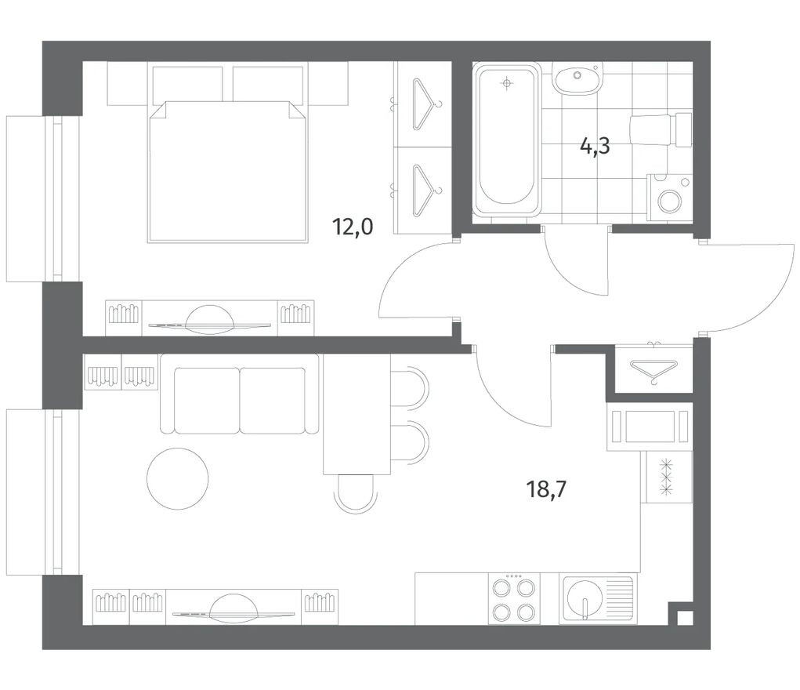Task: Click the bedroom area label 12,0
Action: click(x=353, y=227)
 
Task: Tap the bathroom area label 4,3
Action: click(x=595, y=147)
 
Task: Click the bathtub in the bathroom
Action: click(x=507, y=140)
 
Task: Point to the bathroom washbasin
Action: click(x=578, y=78)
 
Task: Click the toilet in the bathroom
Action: click(x=661, y=130)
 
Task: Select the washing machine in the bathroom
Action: click(x=669, y=198)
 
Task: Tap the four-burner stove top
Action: click(x=514, y=598)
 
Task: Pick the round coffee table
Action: click(x=178, y=478)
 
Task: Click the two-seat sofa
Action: click(x=240, y=394)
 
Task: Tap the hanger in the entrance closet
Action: click(x=653, y=369)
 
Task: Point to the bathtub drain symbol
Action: click(x=506, y=84)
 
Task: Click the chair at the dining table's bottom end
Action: click(x=356, y=493)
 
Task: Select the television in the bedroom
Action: click(x=210, y=321)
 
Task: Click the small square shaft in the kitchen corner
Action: click(x=685, y=618)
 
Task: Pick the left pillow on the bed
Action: click(x=188, y=84)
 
